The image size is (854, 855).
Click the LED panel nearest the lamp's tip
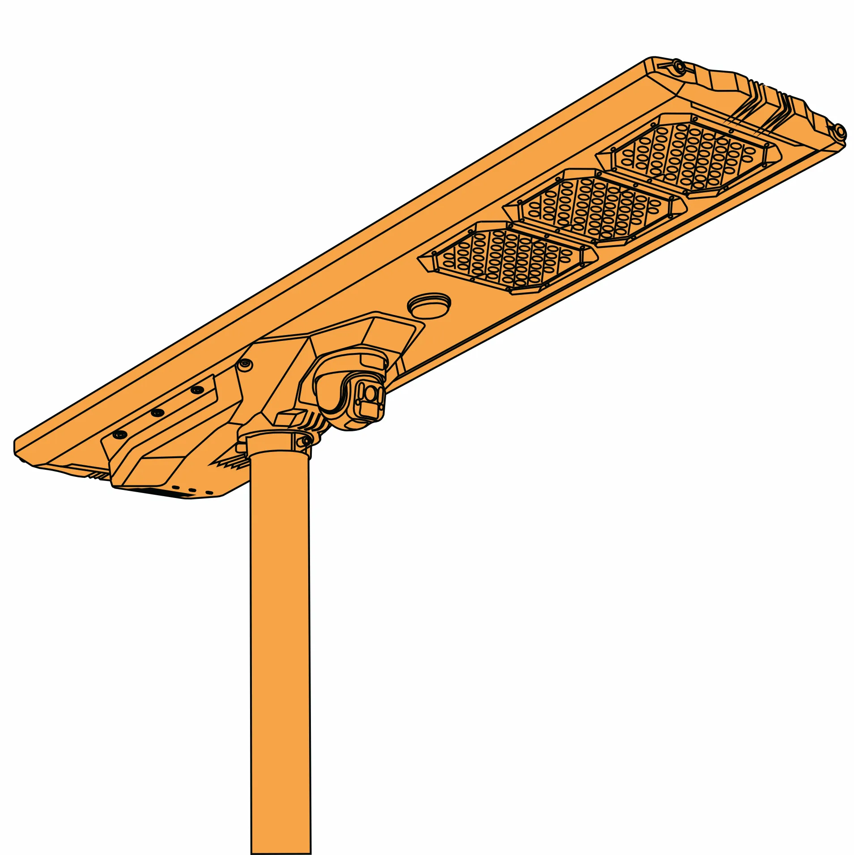[688, 155]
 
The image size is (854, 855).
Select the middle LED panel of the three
[594, 208]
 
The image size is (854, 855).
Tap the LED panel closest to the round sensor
[507, 257]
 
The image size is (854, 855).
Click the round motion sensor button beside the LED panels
[429, 305]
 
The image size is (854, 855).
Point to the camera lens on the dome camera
[370, 393]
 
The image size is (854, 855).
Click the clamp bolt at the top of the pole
[306, 442]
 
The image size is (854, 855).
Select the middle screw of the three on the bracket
[157, 413]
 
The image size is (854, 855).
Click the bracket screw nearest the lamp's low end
[120, 434]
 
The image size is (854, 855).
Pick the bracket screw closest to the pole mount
[196, 390]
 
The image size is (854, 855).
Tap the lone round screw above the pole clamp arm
[244, 365]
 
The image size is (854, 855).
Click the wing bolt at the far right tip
[840, 132]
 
